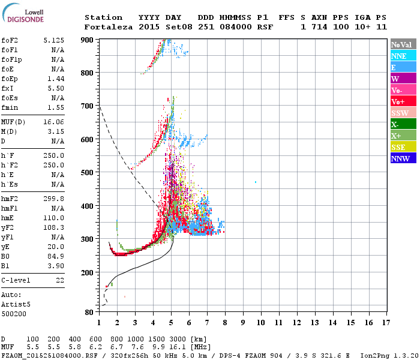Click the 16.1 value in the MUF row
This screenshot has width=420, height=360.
179,347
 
